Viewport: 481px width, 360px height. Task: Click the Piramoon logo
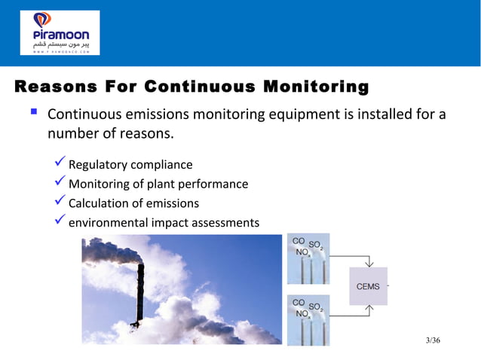pyautogui.click(x=59, y=32)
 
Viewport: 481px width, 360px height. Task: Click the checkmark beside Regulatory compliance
pyautogui.click(x=61, y=163)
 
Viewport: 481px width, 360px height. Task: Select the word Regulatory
pyautogui.click(x=97, y=165)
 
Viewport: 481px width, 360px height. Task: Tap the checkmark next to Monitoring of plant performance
pyautogui.click(x=61, y=183)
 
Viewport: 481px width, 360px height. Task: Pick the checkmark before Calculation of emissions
pyautogui.click(x=61, y=203)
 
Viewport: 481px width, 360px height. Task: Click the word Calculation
pyautogui.click(x=98, y=203)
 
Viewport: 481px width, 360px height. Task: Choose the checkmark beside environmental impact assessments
pyautogui.click(x=61, y=222)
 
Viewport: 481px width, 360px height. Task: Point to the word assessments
pyautogui.click(x=225, y=224)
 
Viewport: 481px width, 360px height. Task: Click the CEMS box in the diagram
pyautogui.click(x=368, y=286)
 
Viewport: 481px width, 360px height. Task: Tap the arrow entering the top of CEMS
pyautogui.click(x=368, y=262)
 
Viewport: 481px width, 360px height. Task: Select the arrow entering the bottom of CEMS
pyautogui.click(x=368, y=310)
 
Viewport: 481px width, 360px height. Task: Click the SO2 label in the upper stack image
pyautogui.click(x=316, y=246)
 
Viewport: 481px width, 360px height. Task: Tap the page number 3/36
pyautogui.click(x=433, y=342)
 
